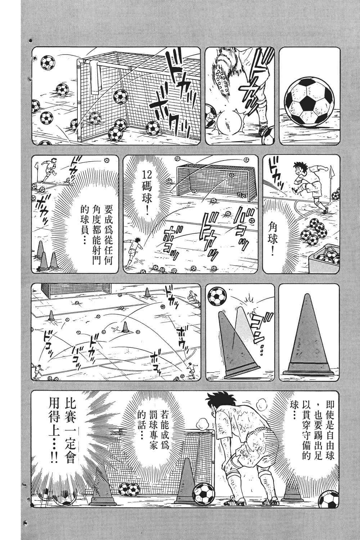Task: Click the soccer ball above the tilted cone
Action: pos(217,296)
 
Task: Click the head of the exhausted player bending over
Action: pos(215,400)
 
